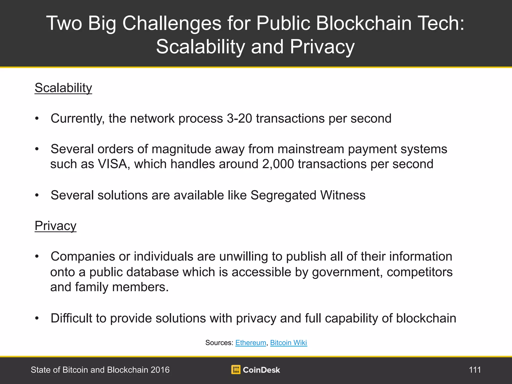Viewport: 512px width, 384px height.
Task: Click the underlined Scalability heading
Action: click(63, 88)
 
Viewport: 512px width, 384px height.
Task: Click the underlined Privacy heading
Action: click(55, 226)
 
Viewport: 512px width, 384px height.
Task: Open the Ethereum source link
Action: click(250, 342)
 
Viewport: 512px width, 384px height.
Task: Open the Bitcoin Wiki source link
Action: click(288, 342)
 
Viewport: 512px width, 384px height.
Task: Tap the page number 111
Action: click(475, 370)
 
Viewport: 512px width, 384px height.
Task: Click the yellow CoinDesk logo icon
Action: click(236, 369)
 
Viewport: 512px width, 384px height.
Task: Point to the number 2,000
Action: click(278, 164)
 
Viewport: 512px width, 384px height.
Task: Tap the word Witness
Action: click(343, 195)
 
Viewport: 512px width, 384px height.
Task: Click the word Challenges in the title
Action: click(172, 23)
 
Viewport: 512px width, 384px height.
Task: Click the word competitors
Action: click(420, 272)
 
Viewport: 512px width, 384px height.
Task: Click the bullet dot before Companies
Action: click(37, 256)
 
